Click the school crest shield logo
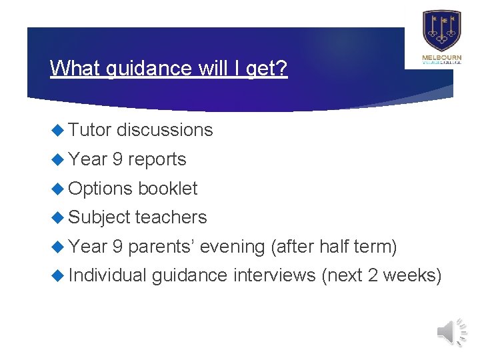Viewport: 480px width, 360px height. coord(441,31)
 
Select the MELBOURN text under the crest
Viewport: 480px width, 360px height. coord(441,58)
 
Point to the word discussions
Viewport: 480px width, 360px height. coord(165,130)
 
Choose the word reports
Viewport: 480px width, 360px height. coord(157,159)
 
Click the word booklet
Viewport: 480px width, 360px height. coord(167,189)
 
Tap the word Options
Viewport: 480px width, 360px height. coord(101,189)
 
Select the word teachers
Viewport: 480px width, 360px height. coord(171,217)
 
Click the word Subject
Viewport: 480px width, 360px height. coord(99,217)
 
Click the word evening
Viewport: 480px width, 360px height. coord(233,247)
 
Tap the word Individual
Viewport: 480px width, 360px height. coord(107,275)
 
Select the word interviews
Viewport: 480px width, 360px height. coord(274,275)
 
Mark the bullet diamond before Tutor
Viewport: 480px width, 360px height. coord(58,130)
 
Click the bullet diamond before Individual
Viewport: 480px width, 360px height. coord(58,275)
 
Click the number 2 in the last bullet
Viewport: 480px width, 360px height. coord(373,275)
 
